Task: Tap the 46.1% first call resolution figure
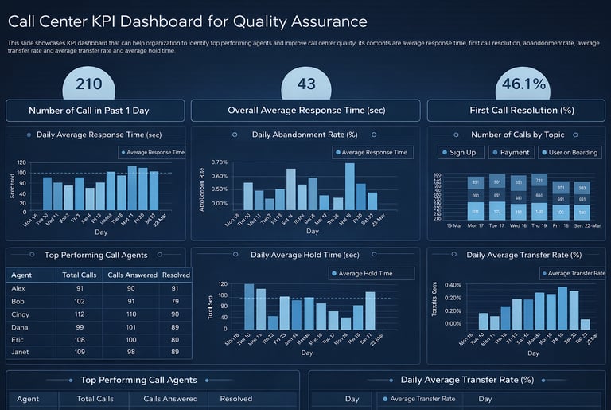click(x=523, y=84)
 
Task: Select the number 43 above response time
click(x=306, y=84)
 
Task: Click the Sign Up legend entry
click(x=461, y=152)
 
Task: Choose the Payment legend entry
click(x=514, y=152)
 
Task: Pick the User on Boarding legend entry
click(x=570, y=152)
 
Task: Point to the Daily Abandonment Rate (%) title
click(x=305, y=135)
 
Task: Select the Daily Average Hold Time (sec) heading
click(x=305, y=255)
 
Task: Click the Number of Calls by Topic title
click(x=519, y=135)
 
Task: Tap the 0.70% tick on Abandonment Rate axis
click(x=219, y=162)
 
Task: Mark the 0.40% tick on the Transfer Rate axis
click(x=453, y=284)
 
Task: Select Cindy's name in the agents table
click(x=21, y=315)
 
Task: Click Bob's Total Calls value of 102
click(x=80, y=302)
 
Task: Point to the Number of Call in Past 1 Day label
click(x=95, y=111)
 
